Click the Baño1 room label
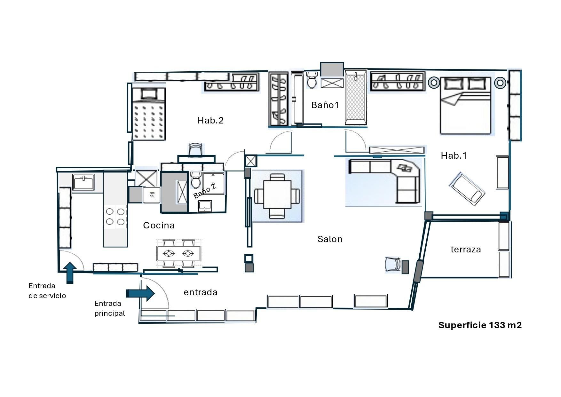tap(325, 105)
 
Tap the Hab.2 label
tap(210, 120)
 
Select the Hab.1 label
tap(454, 156)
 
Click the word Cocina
tap(159, 225)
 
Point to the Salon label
tap(330, 239)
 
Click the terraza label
tap(465, 250)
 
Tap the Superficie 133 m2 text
tap(480, 325)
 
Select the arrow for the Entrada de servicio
tap(70, 272)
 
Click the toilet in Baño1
tap(312, 80)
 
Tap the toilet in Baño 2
tap(195, 180)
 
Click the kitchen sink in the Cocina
tap(83, 182)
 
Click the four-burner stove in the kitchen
tap(115, 217)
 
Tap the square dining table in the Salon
tap(277, 196)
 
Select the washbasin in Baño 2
tap(205, 206)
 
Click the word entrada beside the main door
tap(201, 292)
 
